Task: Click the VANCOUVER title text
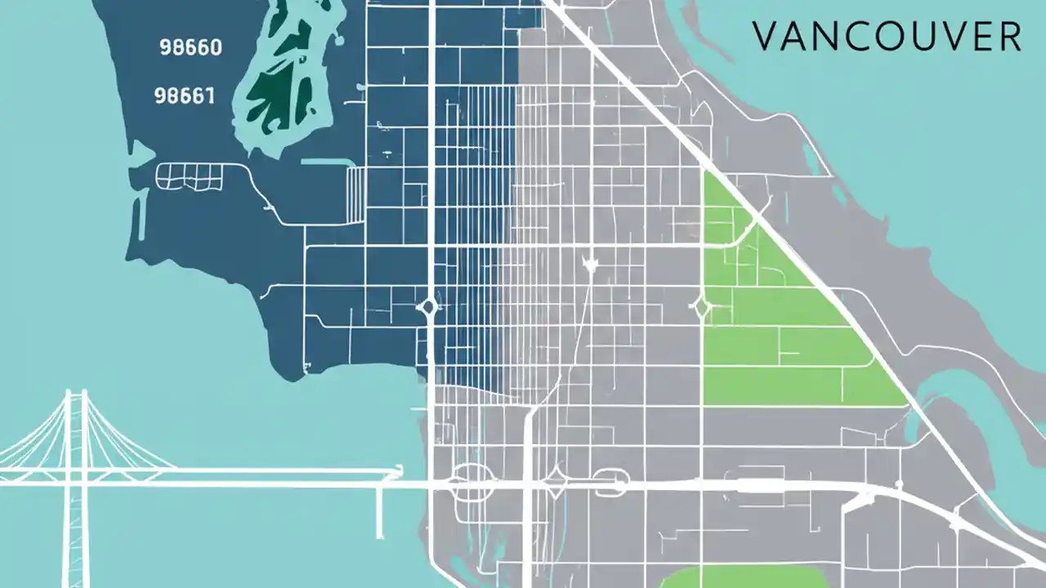886,37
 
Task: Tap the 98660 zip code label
190,47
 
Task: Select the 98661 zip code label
184,96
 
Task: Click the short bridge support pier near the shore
379,510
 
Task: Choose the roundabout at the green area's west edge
701,309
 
